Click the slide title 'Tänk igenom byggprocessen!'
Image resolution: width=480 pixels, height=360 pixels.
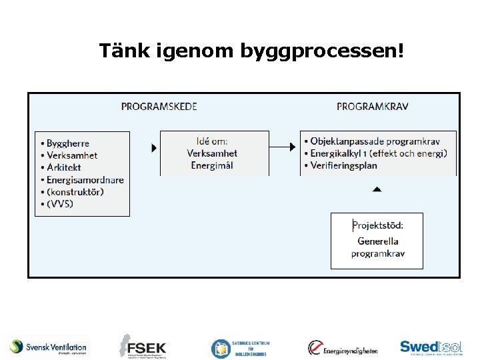click(x=251, y=51)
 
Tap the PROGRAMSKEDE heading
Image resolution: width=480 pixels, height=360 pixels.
click(x=159, y=107)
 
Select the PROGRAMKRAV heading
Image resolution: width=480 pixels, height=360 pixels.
click(x=373, y=107)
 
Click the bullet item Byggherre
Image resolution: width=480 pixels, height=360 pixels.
click(x=67, y=143)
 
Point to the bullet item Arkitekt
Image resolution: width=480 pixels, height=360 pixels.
click(x=64, y=167)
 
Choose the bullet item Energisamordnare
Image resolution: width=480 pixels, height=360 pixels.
click(x=85, y=179)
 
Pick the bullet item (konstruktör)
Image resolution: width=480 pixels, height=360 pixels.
click(x=75, y=191)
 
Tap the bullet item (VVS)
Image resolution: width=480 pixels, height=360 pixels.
click(x=60, y=203)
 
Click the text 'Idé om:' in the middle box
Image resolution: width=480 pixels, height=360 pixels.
click(x=212, y=141)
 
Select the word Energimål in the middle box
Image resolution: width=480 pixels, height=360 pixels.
click(x=212, y=165)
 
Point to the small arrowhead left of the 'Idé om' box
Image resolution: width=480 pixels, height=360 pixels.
click(x=154, y=147)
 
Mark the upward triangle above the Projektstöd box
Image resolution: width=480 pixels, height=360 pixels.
click(x=377, y=189)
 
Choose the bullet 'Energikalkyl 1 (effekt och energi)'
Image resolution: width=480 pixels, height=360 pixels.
click(x=378, y=153)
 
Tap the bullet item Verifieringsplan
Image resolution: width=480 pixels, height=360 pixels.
click(x=343, y=165)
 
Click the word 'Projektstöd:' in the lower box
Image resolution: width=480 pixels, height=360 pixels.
click(x=378, y=225)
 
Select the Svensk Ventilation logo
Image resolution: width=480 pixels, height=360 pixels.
click(x=49, y=347)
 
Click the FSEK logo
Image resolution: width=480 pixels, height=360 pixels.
click(x=143, y=347)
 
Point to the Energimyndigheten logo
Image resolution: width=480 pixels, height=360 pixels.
click(x=343, y=347)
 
